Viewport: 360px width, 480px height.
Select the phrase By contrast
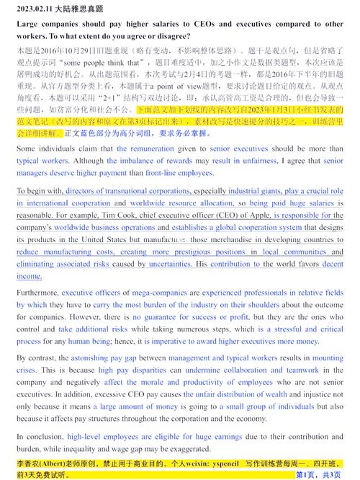coord(34,357)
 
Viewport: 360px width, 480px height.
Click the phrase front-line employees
coord(179,173)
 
